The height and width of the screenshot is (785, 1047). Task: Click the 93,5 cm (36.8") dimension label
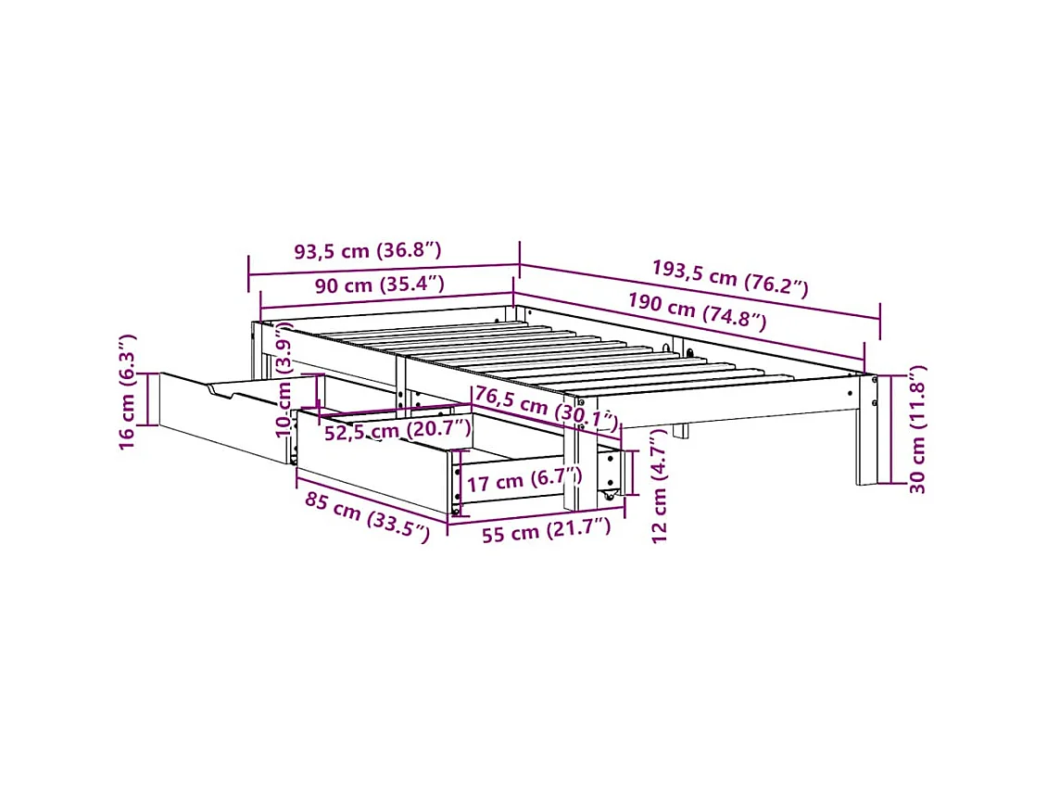pos(367,250)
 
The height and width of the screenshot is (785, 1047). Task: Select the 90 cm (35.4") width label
pos(379,285)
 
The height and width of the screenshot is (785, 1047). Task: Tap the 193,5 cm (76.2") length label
pos(729,277)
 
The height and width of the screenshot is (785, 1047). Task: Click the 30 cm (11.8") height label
pos(917,429)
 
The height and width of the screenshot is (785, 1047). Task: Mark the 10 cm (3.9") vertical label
pos(285,380)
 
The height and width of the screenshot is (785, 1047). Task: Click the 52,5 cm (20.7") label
pos(397,430)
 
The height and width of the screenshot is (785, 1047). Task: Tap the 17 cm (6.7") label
pos(523,480)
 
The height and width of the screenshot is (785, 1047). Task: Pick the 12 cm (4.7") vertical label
pos(659,485)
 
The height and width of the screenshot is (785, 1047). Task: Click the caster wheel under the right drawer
pos(610,498)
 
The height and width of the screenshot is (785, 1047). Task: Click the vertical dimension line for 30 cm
pos(892,429)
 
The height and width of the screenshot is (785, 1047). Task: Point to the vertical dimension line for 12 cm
pos(635,474)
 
